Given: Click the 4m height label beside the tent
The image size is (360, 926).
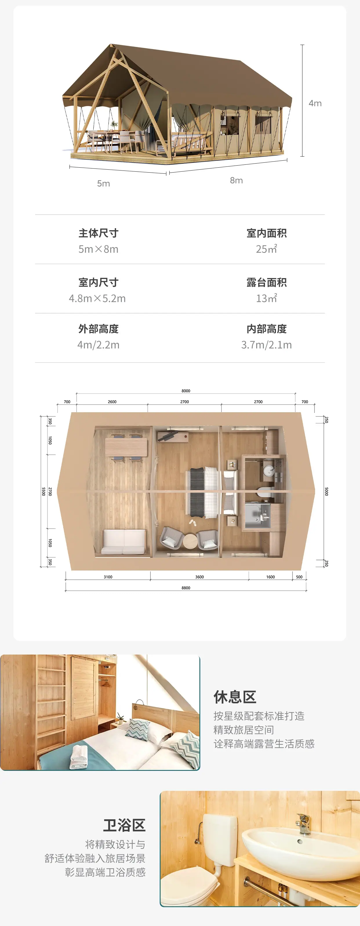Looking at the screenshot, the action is pyautogui.click(x=315, y=103).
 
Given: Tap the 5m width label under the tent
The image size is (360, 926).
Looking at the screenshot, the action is pyautogui.click(x=103, y=183).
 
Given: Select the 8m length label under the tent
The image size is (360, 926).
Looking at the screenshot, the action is pyautogui.click(x=237, y=180).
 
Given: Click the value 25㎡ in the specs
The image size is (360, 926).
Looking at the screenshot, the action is pyautogui.click(x=266, y=249).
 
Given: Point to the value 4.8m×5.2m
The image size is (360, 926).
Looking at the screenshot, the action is pyautogui.click(x=97, y=298).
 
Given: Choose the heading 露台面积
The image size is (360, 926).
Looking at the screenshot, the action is pyautogui.click(x=267, y=282).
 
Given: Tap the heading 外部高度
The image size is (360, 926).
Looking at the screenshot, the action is pyautogui.click(x=99, y=329).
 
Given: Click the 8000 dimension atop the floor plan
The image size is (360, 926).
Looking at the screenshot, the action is pyautogui.click(x=186, y=391).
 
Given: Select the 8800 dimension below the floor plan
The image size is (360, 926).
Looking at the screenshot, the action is pyautogui.click(x=186, y=588).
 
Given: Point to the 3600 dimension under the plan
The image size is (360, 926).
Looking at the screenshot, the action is pyautogui.click(x=199, y=577).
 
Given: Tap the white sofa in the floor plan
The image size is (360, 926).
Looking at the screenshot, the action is pyautogui.click(x=124, y=541).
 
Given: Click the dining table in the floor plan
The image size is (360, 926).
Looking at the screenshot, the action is pyautogui.click(x=126, y=447).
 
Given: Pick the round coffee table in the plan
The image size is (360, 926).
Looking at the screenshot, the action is pyautogui.click(x=190, y=541).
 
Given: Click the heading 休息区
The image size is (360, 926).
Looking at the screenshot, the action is pyautogui.click(x=235, y=697).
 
